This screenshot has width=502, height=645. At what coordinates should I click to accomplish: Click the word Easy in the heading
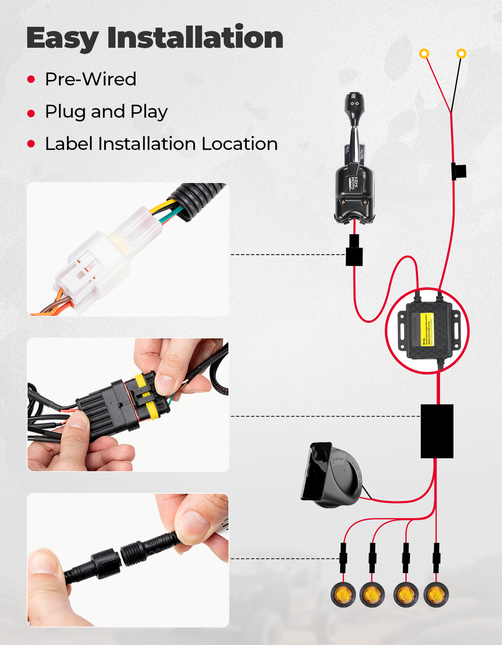62,38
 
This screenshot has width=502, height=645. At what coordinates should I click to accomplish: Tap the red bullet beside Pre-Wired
31,80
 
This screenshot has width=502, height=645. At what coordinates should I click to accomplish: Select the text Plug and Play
106,112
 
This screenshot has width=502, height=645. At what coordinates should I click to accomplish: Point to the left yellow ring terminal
424,54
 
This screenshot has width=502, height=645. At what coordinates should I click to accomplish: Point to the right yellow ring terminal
461,54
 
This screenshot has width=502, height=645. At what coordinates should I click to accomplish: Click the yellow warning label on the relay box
426,329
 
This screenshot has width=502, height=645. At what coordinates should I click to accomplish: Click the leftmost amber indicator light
343,594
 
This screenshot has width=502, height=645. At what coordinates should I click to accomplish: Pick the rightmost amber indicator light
436,594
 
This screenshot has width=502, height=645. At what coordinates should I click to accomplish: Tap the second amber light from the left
372,594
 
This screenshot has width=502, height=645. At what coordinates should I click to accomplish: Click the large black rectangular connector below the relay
436,431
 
